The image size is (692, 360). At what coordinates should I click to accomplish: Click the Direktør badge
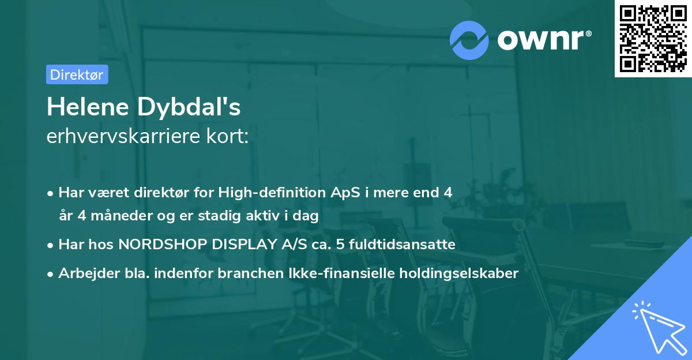(x=77, y=74)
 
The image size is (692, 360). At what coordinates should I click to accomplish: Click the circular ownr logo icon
(x=469, y=40)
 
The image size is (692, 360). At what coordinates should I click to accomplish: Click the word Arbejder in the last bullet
(x=84, y=273)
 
